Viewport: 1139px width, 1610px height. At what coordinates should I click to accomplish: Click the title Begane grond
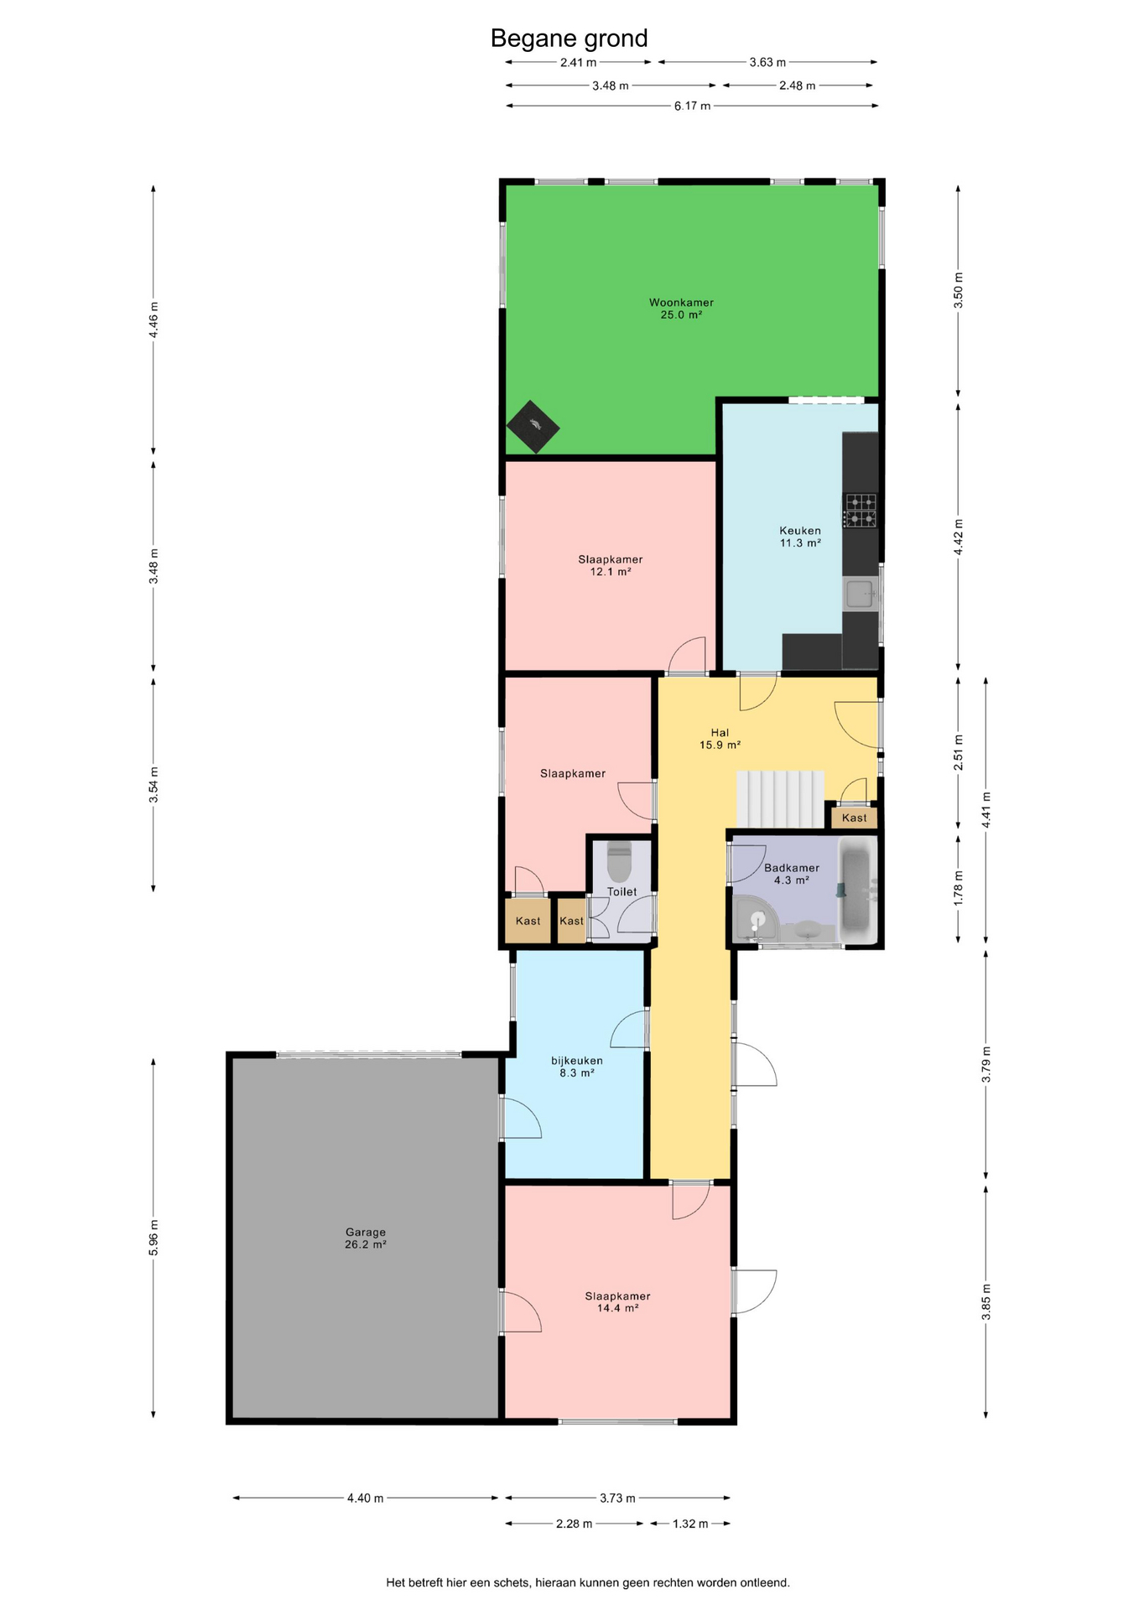point(569,39)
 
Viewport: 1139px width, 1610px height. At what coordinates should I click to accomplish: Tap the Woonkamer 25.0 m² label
point(681,309)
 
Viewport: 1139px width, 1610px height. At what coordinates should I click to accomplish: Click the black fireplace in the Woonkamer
point(533,426)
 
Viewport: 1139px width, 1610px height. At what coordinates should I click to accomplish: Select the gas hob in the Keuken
point(861,511)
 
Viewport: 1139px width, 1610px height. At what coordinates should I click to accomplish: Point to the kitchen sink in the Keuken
point(861,594)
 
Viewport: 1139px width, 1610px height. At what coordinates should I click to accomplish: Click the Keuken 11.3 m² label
point(800,537)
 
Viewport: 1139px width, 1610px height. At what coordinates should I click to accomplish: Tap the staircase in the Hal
point(780,799)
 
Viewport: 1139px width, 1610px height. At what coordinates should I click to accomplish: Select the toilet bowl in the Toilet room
point(619,863)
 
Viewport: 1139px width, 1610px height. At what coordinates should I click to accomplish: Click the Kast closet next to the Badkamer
point(855,818)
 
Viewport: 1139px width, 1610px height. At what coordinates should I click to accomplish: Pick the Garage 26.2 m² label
point(366,1239)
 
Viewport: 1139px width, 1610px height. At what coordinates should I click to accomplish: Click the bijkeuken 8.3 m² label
point(577,1067)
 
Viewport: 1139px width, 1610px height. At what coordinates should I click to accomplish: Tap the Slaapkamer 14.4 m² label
point(618,1301)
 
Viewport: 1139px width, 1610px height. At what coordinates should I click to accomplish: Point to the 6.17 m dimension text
point(692,106)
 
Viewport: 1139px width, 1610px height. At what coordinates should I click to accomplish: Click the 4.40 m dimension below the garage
point(365,1498)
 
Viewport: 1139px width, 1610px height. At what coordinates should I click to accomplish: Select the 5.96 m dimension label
point(153,1238)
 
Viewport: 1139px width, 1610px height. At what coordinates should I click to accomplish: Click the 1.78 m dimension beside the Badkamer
point(959,887)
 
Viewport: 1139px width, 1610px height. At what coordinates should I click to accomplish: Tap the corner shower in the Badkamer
point(755,919)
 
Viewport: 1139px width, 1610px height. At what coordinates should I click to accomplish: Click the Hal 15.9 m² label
point(720,739)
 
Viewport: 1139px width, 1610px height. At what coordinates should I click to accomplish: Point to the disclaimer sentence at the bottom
point(588,1583)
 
